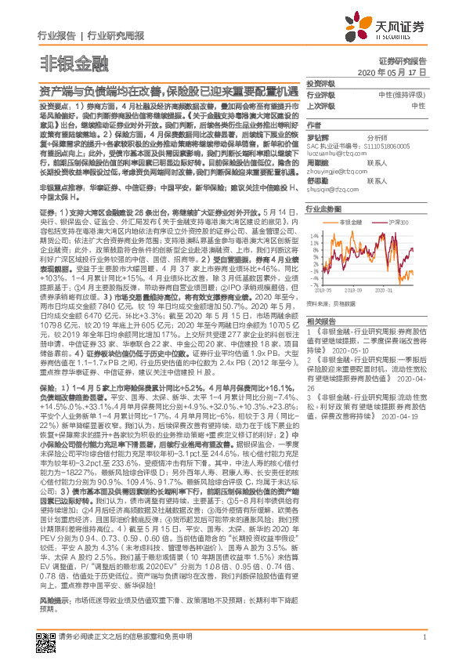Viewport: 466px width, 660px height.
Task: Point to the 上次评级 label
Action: [x=320, y=105]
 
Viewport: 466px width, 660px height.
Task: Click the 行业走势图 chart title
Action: [x=323, y=209]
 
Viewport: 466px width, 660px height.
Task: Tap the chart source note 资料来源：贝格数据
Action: [x=335, y=300]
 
